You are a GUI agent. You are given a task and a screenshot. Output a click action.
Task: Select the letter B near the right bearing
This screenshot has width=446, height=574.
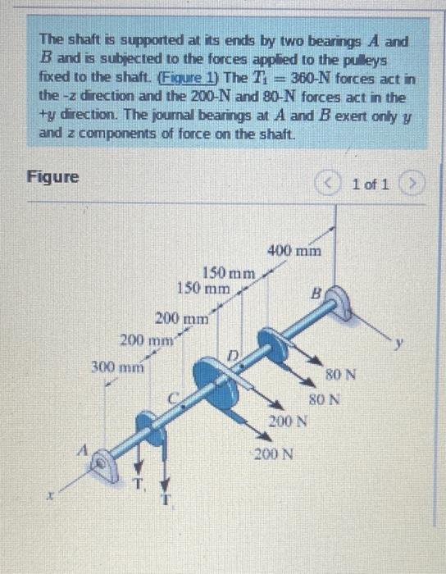[x=315, y=289]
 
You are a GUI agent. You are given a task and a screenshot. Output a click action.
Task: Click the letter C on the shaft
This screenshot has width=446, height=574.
[x=174, y=399]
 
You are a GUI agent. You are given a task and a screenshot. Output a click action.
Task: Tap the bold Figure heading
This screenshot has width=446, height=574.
[x=53, y=176]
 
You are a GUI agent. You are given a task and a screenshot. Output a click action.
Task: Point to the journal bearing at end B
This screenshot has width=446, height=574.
[x=339, y=303]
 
